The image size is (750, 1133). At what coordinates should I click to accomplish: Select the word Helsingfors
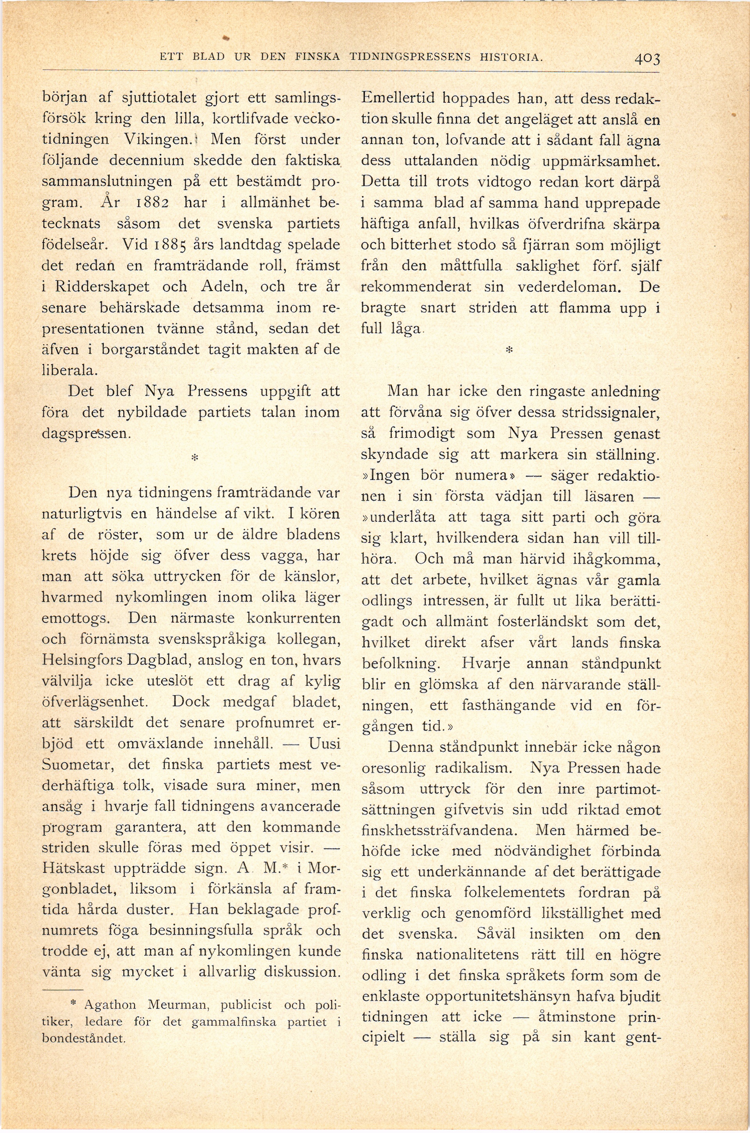click(84, 660)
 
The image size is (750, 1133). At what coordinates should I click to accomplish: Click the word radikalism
click(476, 768)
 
